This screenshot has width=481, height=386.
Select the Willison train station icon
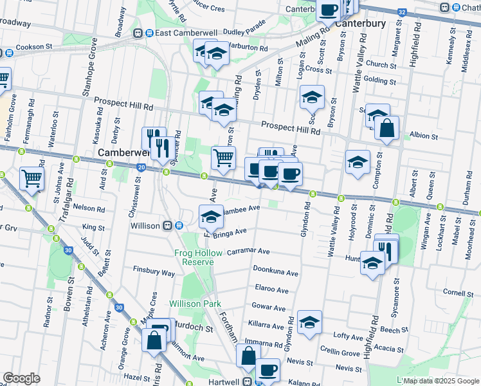pyautogui.click(x=167, y=226)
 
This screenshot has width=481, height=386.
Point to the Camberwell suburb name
pyautogui.click(x=123, y=153)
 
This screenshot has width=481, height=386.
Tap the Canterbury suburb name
pyautogui.click(x=360, y=24)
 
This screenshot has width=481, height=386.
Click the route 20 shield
pyautogui.click(x=140, y=168)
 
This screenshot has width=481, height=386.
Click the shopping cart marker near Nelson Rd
pyautogui.click(x=32, y=178)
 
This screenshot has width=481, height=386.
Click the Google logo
pyautogui.click(x=21, y=378)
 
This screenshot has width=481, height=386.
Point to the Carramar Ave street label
pyautogui.click(x=248, y=252)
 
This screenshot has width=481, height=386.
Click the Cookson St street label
pyautogui.click(x=34, y=46)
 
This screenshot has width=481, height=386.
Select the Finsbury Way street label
pyautogui.click(x=154, y=273)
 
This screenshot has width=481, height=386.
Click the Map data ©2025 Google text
pyautogui.click(x=441, y=381)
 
